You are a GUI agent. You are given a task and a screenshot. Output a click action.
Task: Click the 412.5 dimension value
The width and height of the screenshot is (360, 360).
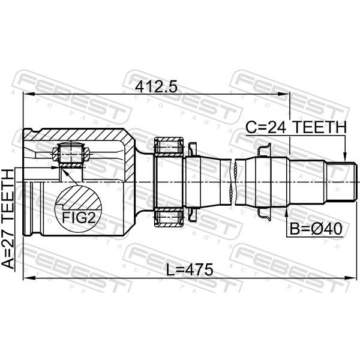[157, 87]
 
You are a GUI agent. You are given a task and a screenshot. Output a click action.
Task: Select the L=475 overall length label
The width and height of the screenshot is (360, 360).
[190, 269]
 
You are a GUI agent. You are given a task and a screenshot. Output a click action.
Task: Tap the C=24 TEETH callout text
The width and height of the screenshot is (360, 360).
[296, 127]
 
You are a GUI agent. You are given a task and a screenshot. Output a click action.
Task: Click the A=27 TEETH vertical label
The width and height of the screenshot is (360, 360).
[8, 219]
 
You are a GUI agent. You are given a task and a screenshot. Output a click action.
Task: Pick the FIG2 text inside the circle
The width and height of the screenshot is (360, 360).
[79, 217]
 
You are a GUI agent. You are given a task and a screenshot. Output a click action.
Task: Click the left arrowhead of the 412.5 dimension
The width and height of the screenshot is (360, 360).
[29, 94]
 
